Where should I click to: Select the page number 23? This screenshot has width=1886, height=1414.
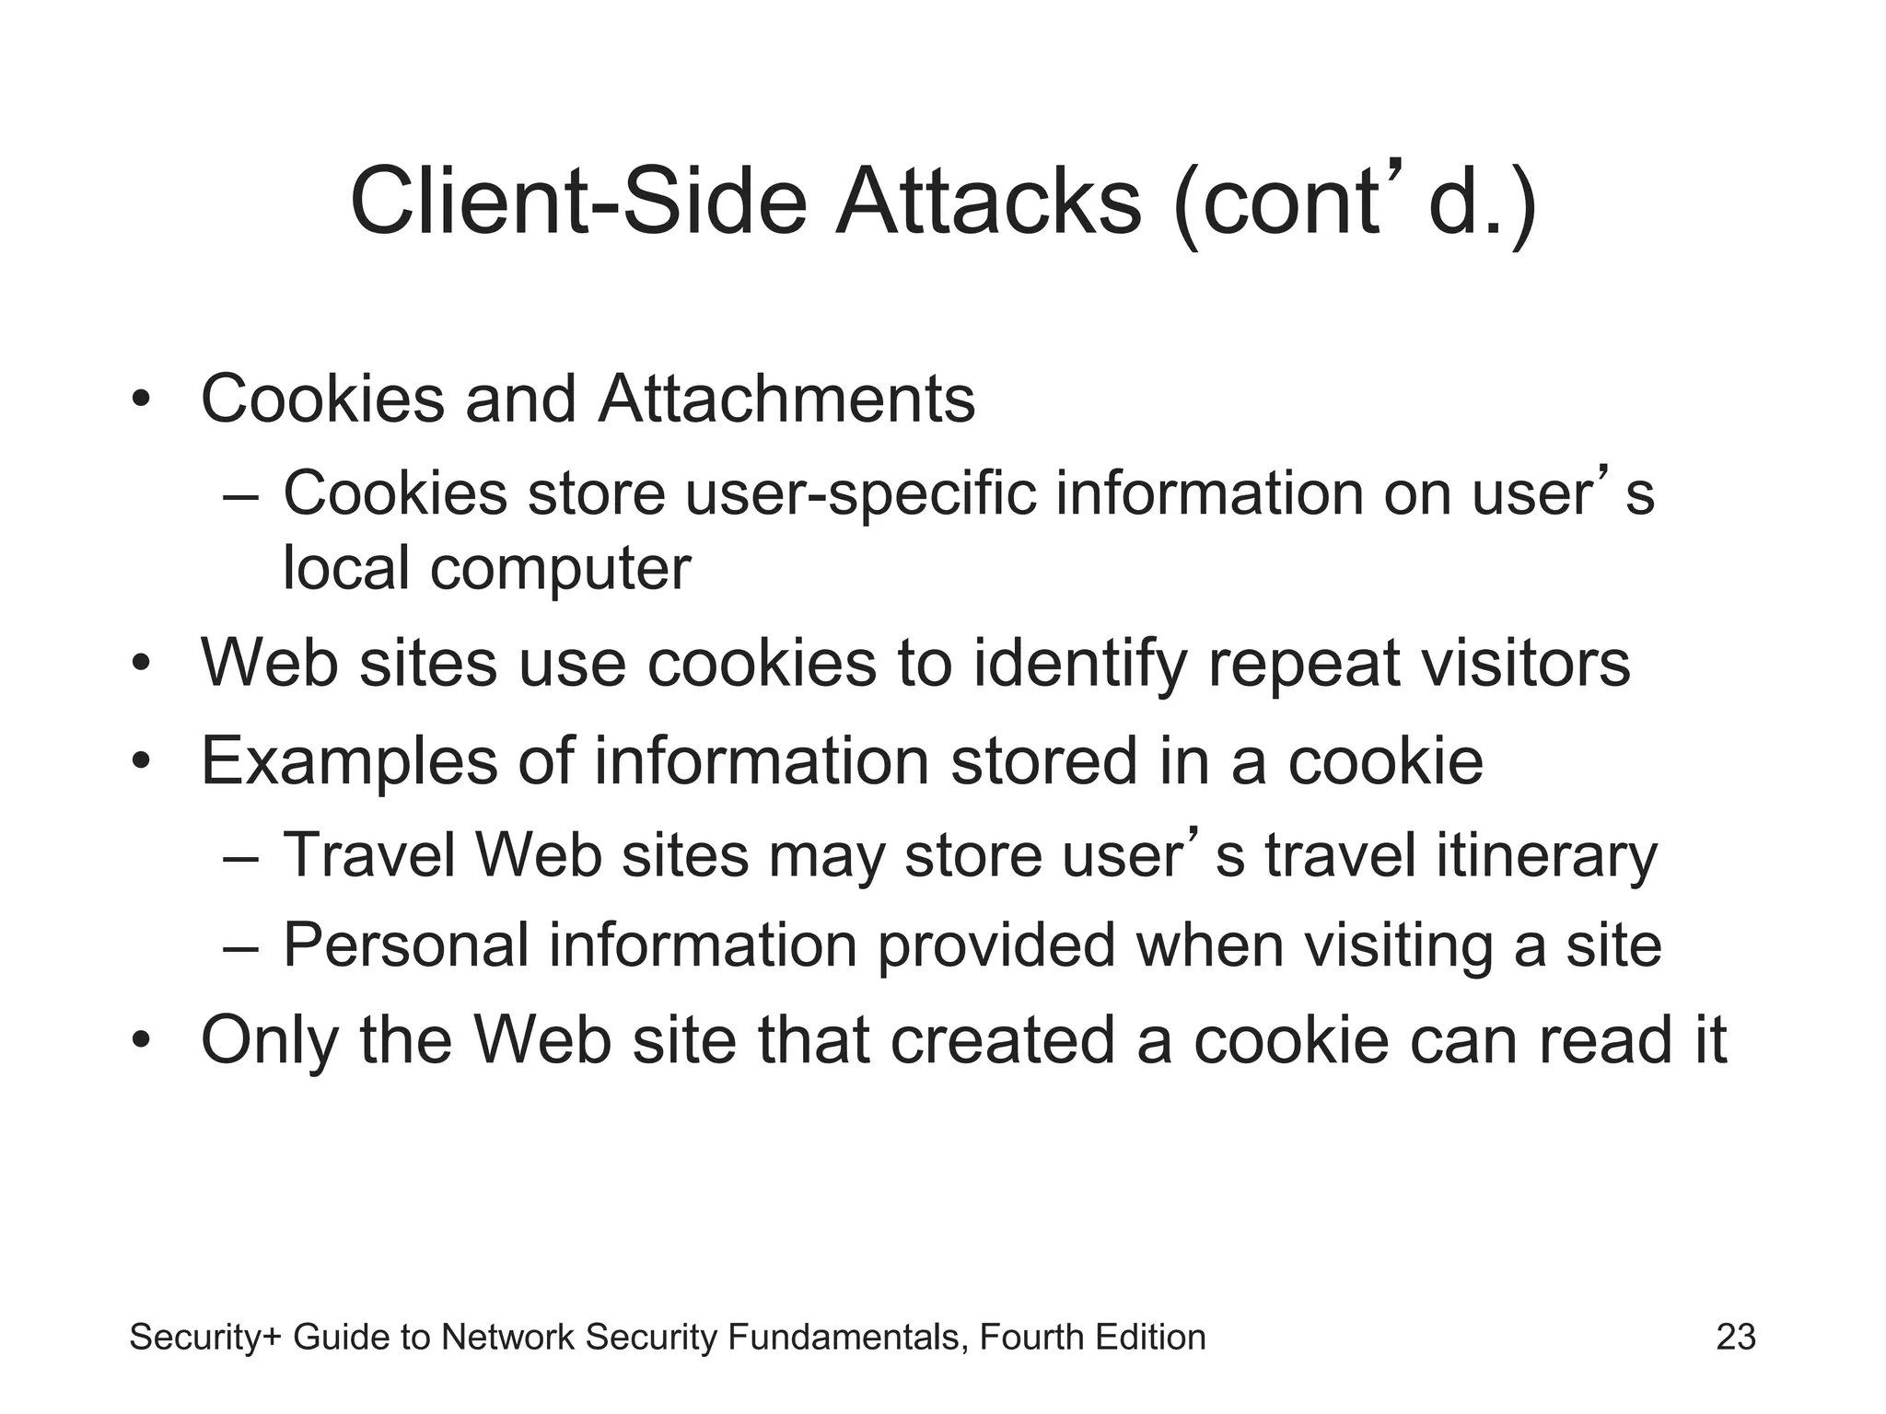(1736, 1337)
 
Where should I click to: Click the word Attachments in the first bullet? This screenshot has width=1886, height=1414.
(786, 400)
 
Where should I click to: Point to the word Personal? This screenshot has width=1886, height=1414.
(405, 945)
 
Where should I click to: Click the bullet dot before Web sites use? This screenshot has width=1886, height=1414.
(140, 664)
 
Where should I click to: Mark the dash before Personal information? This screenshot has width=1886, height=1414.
(240, 947)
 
